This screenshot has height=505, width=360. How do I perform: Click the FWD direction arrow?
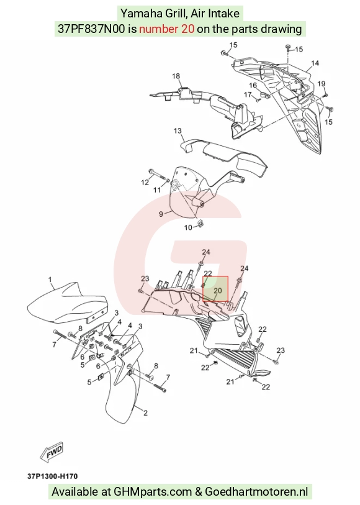52,453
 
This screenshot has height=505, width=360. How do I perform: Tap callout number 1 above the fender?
50,280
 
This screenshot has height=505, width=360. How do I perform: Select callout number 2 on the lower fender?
145,412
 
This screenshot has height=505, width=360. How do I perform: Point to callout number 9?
161,214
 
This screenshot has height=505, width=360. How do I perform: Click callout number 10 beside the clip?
188,228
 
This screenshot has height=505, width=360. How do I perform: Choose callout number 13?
178,131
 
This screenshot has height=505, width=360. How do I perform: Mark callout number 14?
315,63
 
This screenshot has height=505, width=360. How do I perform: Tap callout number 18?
176,76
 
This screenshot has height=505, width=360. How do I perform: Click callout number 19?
322,84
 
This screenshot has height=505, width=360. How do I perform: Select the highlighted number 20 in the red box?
218,291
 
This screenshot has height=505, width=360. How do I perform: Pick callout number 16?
253,85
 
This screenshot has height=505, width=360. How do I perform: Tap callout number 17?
248,94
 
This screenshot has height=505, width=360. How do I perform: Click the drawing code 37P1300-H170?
52,476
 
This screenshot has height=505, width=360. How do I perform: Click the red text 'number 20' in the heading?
166,29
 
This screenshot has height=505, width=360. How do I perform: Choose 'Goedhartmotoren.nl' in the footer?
256,492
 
